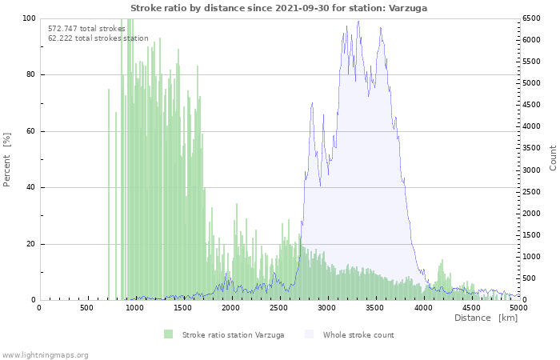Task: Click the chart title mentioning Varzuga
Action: pyautogui.click(x=278, y=7)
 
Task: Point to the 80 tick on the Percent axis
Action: pyautogui.click(x=30, y=75)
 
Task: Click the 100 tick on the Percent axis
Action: pyautogui.click(x=28, y=18)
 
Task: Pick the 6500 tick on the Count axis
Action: pyautogui.click(x=534, y=18)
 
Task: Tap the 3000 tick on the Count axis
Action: pyautogui.click(x=534, y=170)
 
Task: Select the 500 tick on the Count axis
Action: pyautogui.click(x=531, y=278)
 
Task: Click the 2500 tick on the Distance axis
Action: pyautogui.click(x=279, y=307)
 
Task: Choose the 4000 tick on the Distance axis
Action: pyautogui.click(x=423, y=307)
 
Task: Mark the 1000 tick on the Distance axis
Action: pyautogui.click(x=134, y=307)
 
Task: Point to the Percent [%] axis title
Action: pyautogui.click(x=7, y=159)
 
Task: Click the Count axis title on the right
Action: pyautogui.click(x=553, y=158)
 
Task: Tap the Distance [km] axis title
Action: pyautogui.click(x=486, y=318)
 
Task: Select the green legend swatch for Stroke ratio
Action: pyautogui.click(x=168, y=334)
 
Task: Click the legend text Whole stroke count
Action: pyautogui.click(x=358, y=334)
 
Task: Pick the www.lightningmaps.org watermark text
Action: pyautogui.click(x=45, y=354)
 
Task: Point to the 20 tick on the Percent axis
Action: pyautogui.click(x=30, y=244)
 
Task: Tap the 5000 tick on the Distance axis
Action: pyautogui.click(x=518, y=307)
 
